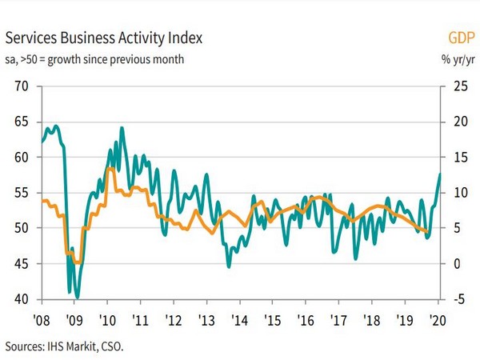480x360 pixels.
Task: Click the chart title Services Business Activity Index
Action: pyautogui.click(x=105, y=37)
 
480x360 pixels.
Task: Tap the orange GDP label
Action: pyautogui.click(x=458, y=37)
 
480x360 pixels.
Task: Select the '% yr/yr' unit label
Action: pyautogui.click(x=454, y=58)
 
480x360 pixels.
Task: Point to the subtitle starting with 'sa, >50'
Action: pyautogui.click(x=95, y=58)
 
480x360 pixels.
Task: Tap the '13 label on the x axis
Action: pyautogui.click(x=206, y=318)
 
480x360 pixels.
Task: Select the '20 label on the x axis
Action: pyautogui.click(x=436, y=318)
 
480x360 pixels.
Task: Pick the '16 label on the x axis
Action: pyautogui.click(x=304, y=318)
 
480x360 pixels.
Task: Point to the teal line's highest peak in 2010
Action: pyautogui.click(x=122, y=127)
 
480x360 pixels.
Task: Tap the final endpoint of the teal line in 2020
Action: pyautogui.click(x=439, y=174)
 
